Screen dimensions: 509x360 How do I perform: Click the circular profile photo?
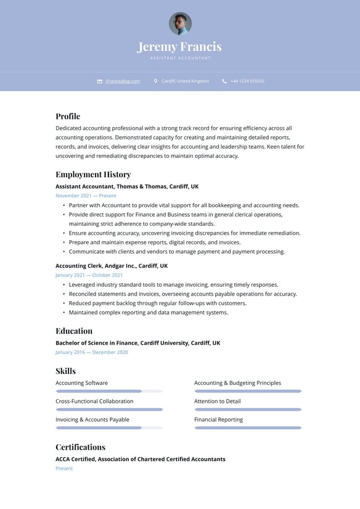[180, 23]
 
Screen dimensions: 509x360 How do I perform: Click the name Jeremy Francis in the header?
[179, 47]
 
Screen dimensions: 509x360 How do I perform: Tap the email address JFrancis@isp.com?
[123, 81]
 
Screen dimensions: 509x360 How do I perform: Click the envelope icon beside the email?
[100, 81]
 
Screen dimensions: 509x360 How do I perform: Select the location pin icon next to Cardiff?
[156, 81]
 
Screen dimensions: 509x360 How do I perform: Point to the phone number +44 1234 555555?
[247, 81]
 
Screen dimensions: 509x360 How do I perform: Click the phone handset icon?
[224, 81]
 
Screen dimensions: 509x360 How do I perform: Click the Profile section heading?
[68, 116]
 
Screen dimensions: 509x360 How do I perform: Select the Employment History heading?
[93, 175]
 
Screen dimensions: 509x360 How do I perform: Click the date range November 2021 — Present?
[86, 196]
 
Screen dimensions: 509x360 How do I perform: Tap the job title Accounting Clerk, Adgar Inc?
[112, 266]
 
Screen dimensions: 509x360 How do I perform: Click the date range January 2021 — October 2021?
[89, 275]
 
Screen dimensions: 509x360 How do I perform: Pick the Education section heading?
[74, 331]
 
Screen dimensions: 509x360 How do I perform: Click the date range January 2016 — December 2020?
[92, 352]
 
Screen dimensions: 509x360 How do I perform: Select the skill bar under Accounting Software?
[109, 391]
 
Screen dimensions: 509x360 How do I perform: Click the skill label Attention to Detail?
[218, 401]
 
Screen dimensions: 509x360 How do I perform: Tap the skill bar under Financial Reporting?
[248, 428]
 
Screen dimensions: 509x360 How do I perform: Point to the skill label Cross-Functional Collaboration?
[94, 401]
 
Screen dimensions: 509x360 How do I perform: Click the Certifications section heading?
[80, 447]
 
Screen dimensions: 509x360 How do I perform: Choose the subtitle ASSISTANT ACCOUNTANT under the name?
[180, 58]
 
